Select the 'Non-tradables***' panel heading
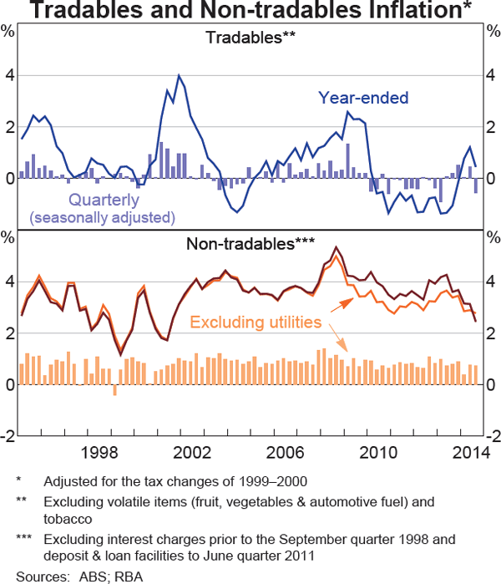click(250, 244)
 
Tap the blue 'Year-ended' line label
click(362, 98)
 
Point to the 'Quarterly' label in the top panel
click(104, 201)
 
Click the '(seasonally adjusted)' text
click(102, 218)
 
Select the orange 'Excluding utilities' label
click(256, 322)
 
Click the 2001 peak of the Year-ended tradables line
click(179, 76)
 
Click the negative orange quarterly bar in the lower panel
click(114, 389)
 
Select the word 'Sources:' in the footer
click(36, 576)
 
